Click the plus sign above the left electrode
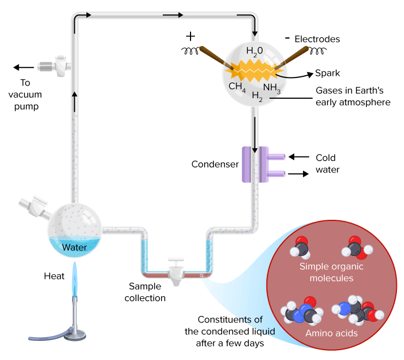[190, 37]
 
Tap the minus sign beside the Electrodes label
[287, 39]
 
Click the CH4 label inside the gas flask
[237, 87]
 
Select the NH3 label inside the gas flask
[272, 87]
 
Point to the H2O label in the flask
[254, 51]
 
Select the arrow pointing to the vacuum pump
[23, 68]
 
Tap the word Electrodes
[317, 39]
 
